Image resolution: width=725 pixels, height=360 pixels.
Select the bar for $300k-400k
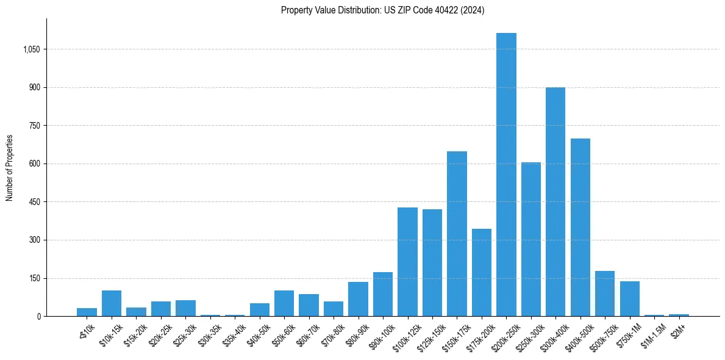click(x=555, y=201)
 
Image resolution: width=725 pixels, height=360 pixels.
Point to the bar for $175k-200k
click(x=482, y=272)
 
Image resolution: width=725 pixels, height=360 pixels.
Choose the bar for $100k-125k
click(x=407, y=262)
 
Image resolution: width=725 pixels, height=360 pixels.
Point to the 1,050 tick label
click(x=32, y=49)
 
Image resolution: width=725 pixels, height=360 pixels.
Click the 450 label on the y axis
click(x=35, y=202)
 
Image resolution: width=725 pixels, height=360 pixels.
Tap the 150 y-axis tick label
click(x=35, y=278)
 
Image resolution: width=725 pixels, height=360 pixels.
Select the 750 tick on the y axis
click(x=35, y=126)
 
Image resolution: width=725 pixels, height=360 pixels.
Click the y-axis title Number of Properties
click(x=9, y=168)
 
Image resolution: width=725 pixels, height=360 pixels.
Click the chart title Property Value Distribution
click(x=382, y=10)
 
